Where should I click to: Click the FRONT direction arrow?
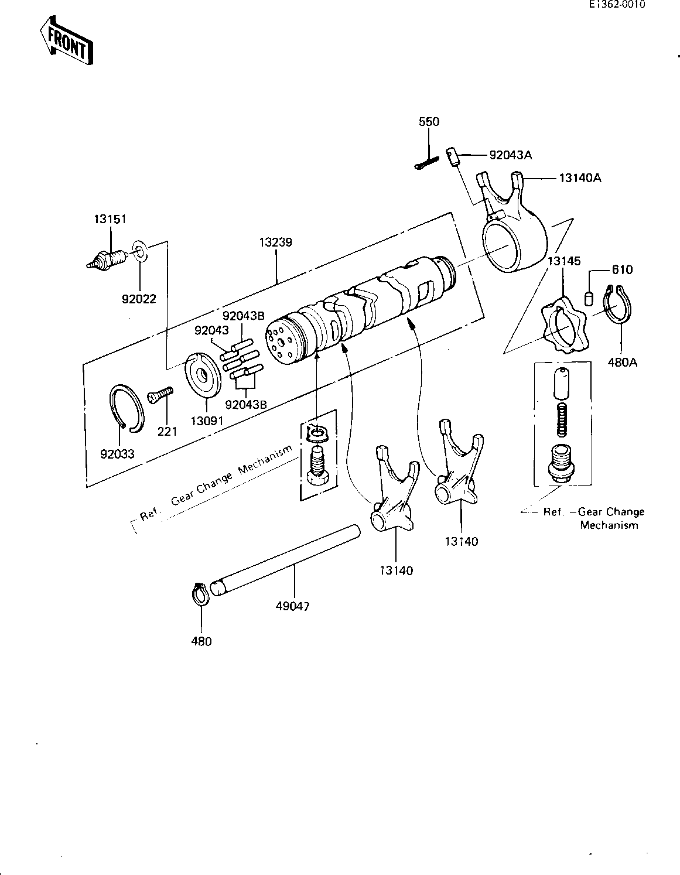(66, 40)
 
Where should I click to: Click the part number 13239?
(276, 242)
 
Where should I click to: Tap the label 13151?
(110, 220)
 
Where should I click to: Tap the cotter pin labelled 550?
(426, 163)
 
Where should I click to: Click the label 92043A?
(511, 155)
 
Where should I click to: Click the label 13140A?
(580, 177)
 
